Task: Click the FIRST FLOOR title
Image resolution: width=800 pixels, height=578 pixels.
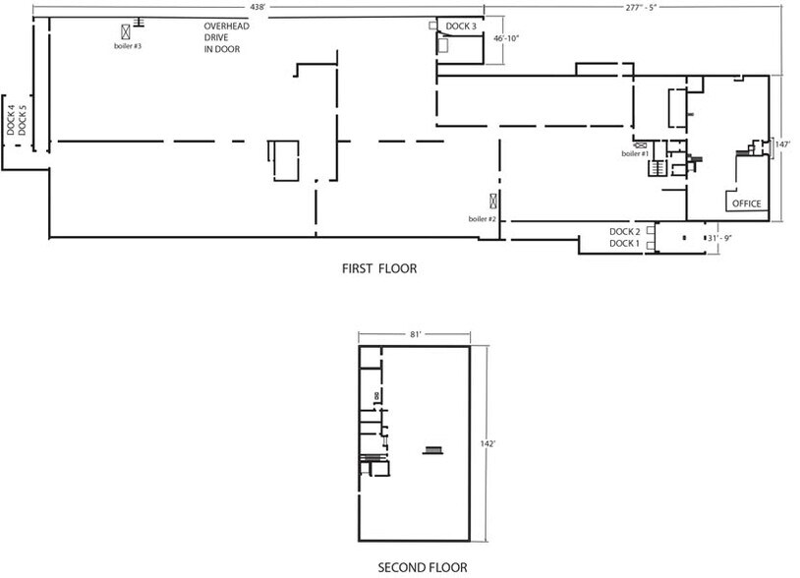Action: pyautogui.click(x=372, y=267)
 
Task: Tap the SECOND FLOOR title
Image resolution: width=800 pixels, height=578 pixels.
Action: pyautogui.click(x=423, y=567)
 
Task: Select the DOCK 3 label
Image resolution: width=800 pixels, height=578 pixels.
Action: pyautogui.click(x=461, y=26)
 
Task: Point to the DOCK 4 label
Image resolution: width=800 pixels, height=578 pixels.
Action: pyautogui.click(x=11, y=120)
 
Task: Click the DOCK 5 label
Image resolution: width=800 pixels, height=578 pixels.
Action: pyautogui.click(x=23, y=120)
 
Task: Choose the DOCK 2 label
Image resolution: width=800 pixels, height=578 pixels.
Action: pyautogui.click(x=624, y=231)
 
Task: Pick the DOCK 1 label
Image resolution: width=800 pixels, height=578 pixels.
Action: pyautogui.click(x=624, y=243)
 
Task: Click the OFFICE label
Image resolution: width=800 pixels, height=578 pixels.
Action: pyautogui.click(x=746, y=203)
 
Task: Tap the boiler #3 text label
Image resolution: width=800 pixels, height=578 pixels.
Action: pyautogui.click(x=128, y=46)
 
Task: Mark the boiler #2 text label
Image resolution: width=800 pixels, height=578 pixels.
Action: pyautogui.click(x=482, y=218)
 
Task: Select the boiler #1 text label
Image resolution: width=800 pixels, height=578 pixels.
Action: pyautogui.click(x=635, y=153)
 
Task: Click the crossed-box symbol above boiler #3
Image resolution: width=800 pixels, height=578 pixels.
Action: pyautogui.click(x=126, y=31)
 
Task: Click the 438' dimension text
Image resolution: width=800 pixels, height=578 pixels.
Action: pyautogui.click(x=259, y=6)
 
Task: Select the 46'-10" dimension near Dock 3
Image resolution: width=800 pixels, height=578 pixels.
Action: pyautogui.click(x=506, y=38)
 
